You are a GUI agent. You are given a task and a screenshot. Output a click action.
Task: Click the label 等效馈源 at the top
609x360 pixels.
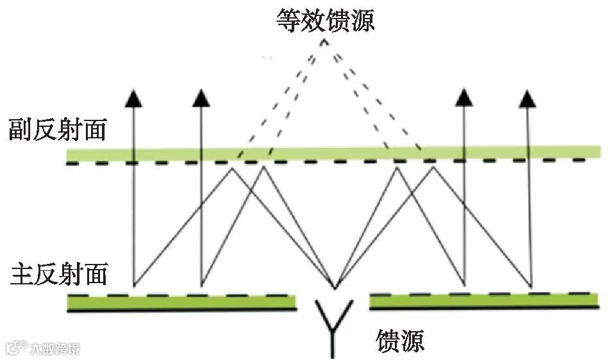coord(324,19)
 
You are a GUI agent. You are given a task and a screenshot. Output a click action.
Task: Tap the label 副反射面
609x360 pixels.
coord(57,130)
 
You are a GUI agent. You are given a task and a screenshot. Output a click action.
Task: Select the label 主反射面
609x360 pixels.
coord(58,274)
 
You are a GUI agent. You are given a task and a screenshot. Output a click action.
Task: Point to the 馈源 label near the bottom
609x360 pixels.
coord(401,340)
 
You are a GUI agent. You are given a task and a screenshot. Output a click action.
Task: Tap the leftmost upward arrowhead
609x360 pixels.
coord(133,97)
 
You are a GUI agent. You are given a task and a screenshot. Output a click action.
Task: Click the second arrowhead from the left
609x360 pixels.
coord(201,97)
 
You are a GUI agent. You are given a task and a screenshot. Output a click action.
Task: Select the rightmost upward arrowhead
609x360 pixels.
coord(527,97)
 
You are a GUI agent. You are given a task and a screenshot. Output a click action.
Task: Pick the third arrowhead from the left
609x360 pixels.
coord(462,97)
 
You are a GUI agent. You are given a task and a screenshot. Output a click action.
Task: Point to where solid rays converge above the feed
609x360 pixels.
coord(334,287)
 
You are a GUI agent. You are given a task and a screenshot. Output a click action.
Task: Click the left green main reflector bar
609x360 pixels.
coord(182,301)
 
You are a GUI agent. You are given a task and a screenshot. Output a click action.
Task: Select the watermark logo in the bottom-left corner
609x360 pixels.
coord(14,348)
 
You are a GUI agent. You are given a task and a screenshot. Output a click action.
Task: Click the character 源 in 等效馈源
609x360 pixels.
coord(361,19)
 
